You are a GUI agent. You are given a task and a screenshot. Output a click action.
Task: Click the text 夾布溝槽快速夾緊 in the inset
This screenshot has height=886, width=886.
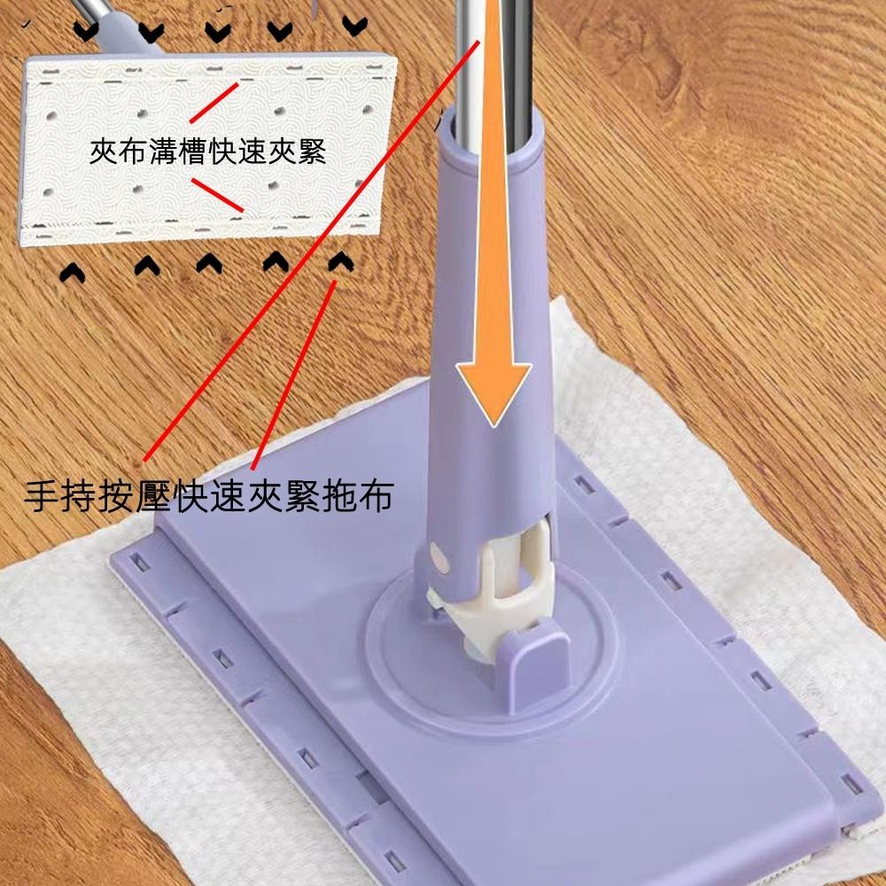(208, 152)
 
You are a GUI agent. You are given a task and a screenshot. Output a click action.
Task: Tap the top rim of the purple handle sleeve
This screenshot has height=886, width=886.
(489, 133)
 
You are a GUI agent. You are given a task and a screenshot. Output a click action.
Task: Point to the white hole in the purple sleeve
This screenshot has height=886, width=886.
(440, 559)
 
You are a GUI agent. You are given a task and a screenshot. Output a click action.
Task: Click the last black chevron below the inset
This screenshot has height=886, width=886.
(338, 261)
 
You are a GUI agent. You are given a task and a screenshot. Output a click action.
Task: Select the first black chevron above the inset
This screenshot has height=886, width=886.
(85, 31)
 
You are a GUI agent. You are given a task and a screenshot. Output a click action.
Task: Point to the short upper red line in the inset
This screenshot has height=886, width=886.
(213, 103)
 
